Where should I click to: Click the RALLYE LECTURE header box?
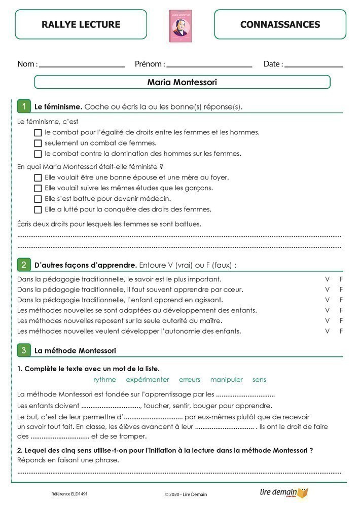(81, 24)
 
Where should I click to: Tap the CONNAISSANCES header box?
(280, 24)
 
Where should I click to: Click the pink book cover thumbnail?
(181, 26)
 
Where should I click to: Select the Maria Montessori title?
(182, 82)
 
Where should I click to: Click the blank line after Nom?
(82, 66)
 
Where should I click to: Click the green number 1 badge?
(23, 106)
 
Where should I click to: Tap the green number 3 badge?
(23, 350)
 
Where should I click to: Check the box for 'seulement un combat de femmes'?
(38, 143)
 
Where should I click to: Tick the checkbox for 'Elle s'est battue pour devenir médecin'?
(38, 199)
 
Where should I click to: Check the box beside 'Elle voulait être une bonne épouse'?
(38, 178)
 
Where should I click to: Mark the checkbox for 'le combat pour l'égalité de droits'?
(38, 133)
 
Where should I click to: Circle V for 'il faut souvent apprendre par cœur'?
(327, 289)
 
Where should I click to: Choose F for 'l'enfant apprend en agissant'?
(341, 300)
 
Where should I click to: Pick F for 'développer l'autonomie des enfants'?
(341, 331)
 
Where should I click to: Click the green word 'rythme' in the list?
(104, 380)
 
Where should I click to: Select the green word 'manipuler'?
(226, 380)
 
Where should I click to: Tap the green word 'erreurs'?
(190, 380)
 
